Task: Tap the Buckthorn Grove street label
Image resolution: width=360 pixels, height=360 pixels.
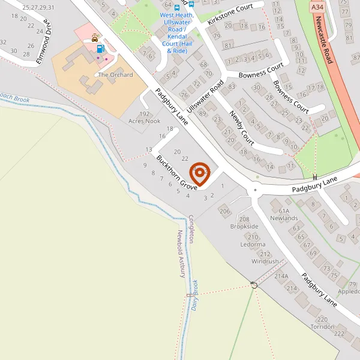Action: pyautogui.click(x=177, y=173)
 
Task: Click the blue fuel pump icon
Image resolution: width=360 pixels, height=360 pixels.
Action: pyautogui.click(x=100, y=49)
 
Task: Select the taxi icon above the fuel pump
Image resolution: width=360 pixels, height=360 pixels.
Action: pyautogui.click(x=95, y=37)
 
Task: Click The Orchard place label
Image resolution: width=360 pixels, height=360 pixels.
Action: pyautogui.click(x=115, y=75)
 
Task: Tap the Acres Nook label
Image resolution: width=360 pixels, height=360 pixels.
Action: pyautogui.click(x=145, y=121)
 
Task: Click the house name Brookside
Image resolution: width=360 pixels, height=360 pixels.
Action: pyautogui.click(x=244, y=227)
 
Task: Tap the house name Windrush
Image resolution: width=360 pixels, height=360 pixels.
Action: pyautogui.click(x=265, y=262)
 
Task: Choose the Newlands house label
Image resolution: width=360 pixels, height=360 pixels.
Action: pyautogui.click(x=284, y=219)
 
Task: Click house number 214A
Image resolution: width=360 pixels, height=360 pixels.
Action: pyautogui.click(x=281, y=276)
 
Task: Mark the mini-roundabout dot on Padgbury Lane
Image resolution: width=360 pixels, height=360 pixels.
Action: pyautogui.click(x=255, y=190)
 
